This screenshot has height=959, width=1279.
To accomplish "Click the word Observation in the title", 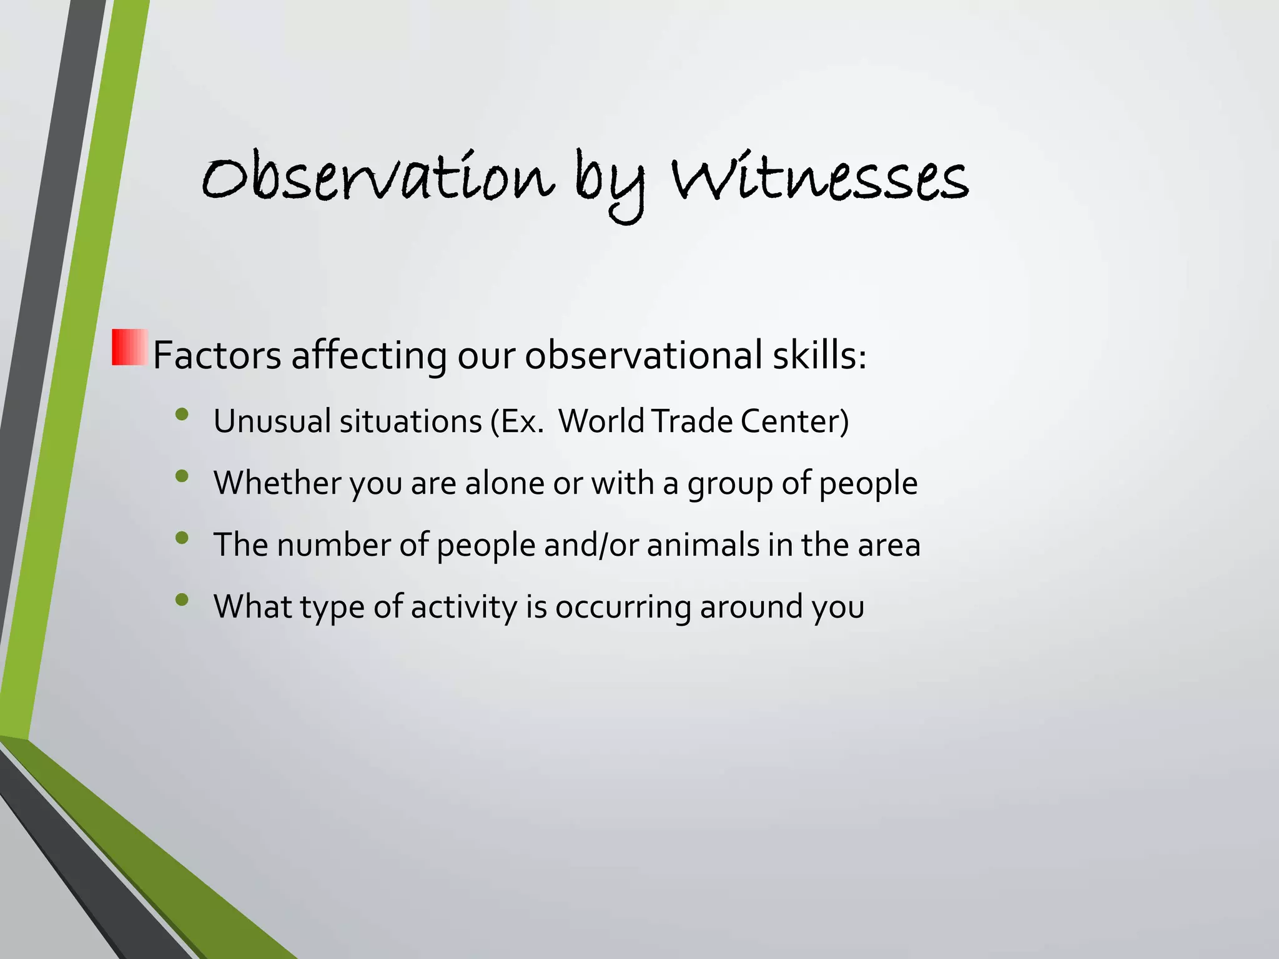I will pos(378,179).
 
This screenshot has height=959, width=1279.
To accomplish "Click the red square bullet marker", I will pos(129,347).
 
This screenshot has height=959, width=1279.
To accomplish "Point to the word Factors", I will pos(217,355).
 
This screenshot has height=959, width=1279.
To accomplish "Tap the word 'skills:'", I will pos(819,355).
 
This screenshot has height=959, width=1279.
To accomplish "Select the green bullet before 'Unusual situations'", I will pos(182,415).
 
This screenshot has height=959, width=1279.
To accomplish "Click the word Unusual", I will pos(272,421).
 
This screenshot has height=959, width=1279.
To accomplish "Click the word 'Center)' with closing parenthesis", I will pos(794,421).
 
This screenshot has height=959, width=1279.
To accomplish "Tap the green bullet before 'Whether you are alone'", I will pos(182,476).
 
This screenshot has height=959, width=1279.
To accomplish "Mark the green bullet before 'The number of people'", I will pos(182,538).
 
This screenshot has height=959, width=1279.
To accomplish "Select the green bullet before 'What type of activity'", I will pos(182,599).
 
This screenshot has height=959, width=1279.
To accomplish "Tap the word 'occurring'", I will pos(623,607).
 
